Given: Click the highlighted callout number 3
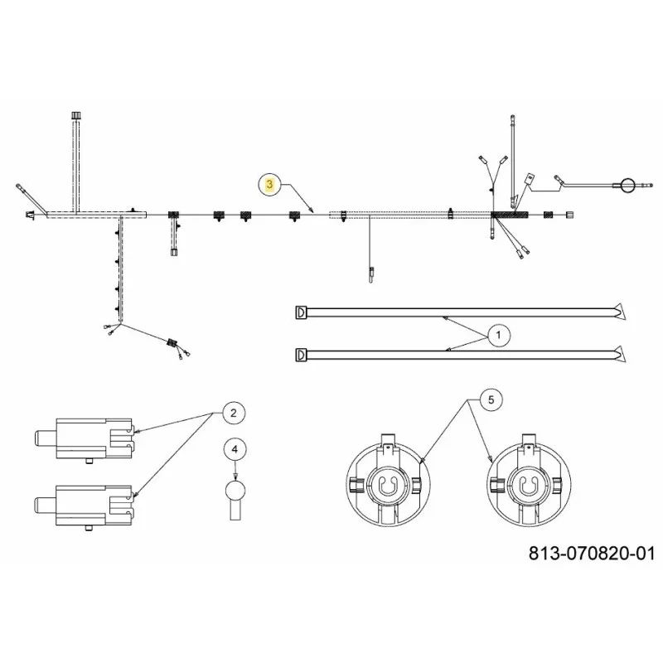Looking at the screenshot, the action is pos(270,184).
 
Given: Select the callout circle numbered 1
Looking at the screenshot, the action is pos(499,336).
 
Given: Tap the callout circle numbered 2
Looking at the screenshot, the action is pos(234,413).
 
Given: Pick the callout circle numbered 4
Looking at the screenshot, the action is pos(235,449).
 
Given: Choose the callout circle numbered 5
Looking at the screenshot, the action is pos(491,400).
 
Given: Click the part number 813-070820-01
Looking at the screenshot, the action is pos(592,554).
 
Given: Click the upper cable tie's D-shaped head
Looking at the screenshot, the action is pos(301,312).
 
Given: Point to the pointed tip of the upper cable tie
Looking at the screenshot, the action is pos(626,319).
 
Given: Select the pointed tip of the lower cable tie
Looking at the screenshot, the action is pos(626,362).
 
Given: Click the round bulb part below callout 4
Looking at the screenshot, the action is pos(235,491).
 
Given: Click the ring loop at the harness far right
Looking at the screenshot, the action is pos(628,185).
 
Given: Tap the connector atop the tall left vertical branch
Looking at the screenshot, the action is pos(76,115).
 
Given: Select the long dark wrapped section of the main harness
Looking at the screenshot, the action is pos(510,215).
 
